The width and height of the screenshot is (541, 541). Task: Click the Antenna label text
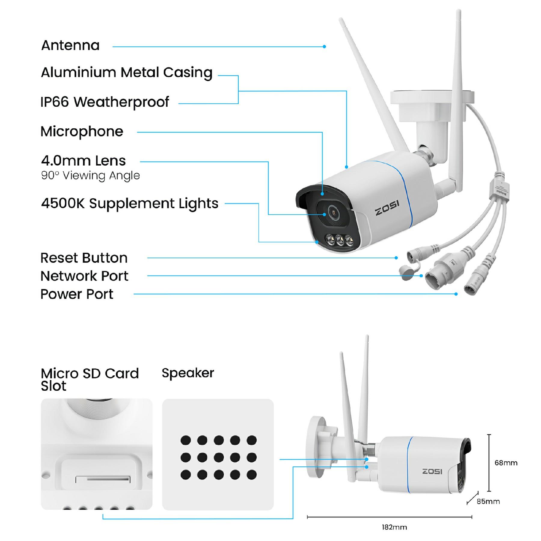pos(70,46)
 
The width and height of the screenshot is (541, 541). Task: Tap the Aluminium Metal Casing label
pos(127,72)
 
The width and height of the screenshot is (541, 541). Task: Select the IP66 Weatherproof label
pos(105,102)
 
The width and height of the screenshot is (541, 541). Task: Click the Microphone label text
pos(82,131)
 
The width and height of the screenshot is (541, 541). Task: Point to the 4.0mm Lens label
pos(83,161)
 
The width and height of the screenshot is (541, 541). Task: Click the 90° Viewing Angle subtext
pos(90,176)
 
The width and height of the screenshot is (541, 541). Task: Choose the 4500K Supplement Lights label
pos(130,203)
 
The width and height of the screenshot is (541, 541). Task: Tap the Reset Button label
pos(84,258)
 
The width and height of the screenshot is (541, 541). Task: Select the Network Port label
pos(84,276)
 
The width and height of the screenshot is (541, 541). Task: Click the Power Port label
pos(77,294)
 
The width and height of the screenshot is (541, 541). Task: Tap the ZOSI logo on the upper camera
pos(387,208)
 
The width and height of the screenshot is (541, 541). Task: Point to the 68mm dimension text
pos(506,463)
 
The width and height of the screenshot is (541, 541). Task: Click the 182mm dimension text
pos(394,527)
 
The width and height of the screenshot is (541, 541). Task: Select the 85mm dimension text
pos(488,501)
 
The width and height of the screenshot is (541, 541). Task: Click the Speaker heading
pos(188,373)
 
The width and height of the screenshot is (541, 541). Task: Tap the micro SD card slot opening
pos(103,478)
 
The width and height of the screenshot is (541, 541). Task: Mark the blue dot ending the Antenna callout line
pos(324,47)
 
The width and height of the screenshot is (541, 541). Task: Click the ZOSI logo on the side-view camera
pos(432,471)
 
